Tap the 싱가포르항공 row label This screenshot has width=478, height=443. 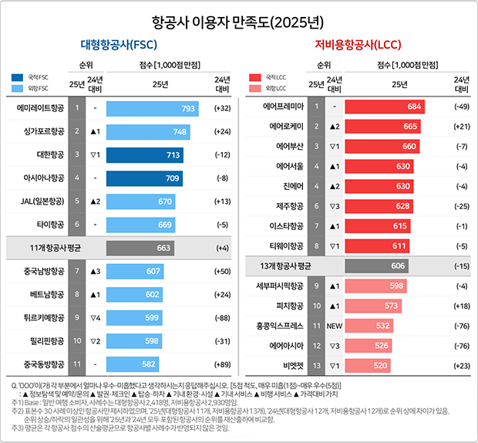tap(39, 132)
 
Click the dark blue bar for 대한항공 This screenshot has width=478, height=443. tap(144, 155)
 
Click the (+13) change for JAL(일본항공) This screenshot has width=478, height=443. tap(222, 201)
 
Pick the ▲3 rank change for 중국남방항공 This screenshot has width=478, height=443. tap(95, 271)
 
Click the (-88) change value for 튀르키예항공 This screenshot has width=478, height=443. tap(222, 317)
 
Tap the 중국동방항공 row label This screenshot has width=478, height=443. tap(39, 364)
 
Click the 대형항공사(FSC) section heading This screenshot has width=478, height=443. tap(119, 46)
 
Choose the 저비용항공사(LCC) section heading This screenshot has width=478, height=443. tap(358, 46)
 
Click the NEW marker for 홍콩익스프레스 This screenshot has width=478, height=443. tap(335, 326)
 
